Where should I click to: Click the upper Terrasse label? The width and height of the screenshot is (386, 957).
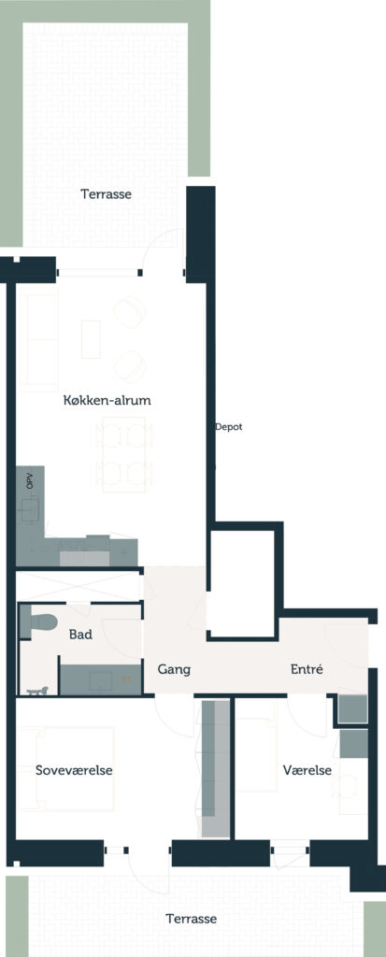(107, 194)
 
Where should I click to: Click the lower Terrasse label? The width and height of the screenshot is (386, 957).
(192, 919)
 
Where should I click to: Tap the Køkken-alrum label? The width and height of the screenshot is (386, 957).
(107, 401)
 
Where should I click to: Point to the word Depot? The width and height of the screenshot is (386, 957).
(229, 427)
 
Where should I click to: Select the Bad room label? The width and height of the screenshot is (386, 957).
(80, 635)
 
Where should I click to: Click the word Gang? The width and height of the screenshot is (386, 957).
(174, 669)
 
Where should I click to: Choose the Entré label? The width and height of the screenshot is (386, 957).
(306, 669)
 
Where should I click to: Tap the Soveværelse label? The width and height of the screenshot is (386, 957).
(74, 770)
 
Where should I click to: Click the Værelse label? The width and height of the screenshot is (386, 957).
(307, 770)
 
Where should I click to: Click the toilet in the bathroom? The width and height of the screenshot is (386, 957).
(39, 621)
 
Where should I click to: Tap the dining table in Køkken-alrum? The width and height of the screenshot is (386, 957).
(124, 454)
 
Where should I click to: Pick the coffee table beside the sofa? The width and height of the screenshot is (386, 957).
(91, 339)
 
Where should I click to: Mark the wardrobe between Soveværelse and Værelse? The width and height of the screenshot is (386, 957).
(216, 768)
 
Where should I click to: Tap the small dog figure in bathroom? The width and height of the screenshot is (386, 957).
(37, 691)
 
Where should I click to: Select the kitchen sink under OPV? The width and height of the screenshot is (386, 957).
(30, 510)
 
